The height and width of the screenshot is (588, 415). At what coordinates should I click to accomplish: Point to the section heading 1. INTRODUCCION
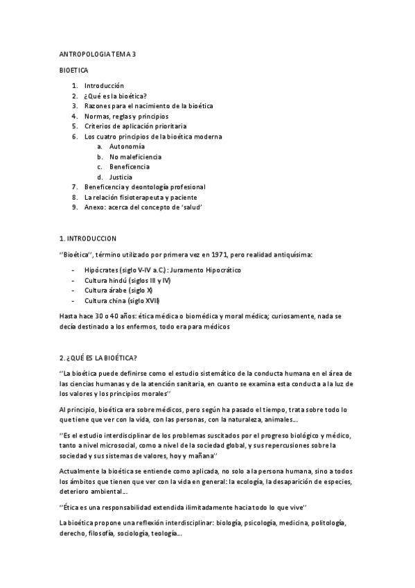pos(88,238)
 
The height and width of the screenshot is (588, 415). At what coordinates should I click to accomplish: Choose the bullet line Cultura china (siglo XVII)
pos(122,300)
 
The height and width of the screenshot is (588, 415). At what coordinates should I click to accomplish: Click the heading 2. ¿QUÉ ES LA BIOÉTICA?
pos(98,358)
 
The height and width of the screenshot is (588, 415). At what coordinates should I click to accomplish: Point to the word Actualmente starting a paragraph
pos(81,472)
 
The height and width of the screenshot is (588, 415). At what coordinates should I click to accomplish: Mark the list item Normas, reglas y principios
pos(126,116)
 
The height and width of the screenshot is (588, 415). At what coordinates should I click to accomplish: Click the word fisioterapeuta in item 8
pos(149,198)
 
